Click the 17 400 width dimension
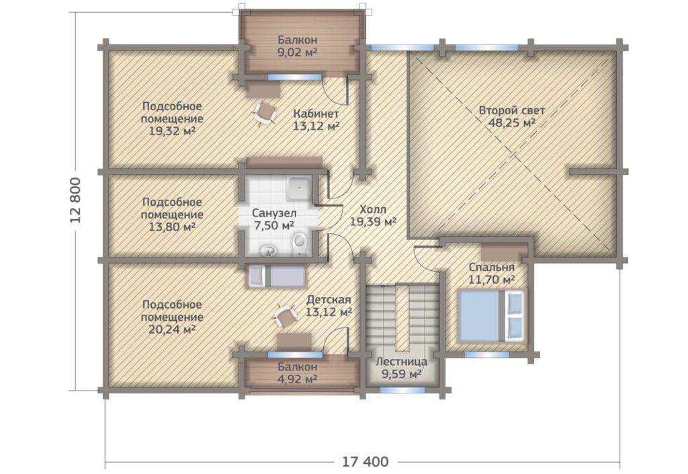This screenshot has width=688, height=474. pos(365,462)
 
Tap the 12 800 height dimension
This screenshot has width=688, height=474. pos(75,200)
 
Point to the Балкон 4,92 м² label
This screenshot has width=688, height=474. pos(298,372)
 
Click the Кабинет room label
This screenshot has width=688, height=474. pos(316,114)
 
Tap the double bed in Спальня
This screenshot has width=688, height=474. pos(491,315)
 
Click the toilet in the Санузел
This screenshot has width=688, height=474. pos(299,243)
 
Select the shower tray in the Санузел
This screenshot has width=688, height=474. pos(299,188)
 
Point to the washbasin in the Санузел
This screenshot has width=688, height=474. pos(267,251)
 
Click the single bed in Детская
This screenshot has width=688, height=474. pos(277,276)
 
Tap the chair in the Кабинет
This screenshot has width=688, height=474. pos(264,113)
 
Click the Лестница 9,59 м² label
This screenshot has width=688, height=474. pos(402,368)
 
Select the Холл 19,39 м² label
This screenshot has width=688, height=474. pos(373,216)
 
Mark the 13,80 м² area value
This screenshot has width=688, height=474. pos(173,227)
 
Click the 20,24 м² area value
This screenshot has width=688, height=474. pos(173,329)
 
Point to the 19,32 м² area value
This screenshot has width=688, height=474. pos(173,131)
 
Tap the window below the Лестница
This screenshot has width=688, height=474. pos(402,390)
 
